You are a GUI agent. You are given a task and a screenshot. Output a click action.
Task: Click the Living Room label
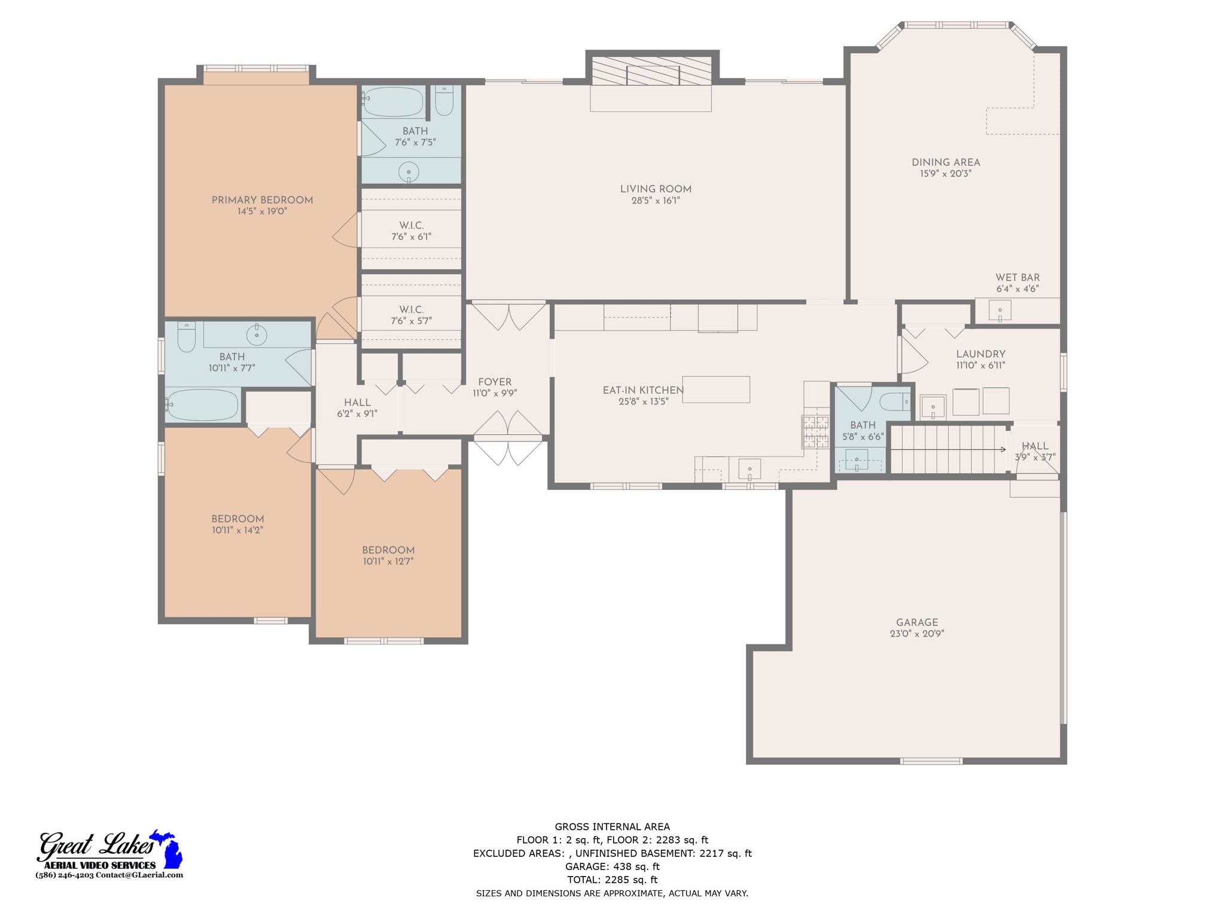(x=656, y=189)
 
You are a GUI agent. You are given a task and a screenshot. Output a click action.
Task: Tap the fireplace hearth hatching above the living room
(x=651, y=71)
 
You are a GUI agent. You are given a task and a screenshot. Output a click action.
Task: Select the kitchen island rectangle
(x=716, y=389)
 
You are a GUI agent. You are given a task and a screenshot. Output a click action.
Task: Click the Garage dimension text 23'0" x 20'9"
(x=916, y=634)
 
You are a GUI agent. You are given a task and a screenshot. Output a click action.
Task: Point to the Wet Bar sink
(x=999, y=311)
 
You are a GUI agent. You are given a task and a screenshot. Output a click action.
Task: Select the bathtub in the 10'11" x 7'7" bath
(x=203, y=405)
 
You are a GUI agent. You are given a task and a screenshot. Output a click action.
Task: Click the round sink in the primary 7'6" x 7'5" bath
(x=409, y=172)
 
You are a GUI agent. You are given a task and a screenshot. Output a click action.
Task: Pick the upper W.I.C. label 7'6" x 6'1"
(x=412, y=231)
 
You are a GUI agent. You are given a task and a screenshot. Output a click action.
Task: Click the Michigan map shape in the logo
(x=168, y=850)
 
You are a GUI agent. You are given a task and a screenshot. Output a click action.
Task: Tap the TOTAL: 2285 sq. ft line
(x=612, y=880)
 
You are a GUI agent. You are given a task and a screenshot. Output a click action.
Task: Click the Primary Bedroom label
(x=262, y=200)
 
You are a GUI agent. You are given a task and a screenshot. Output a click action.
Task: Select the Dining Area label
(x=946, y=162)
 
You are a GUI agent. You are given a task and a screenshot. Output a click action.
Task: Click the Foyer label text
(x=495, y=382)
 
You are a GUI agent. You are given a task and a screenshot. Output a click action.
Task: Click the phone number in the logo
(x=65, y=875)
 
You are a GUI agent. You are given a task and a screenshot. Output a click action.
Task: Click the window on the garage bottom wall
(x=931, y=761)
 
